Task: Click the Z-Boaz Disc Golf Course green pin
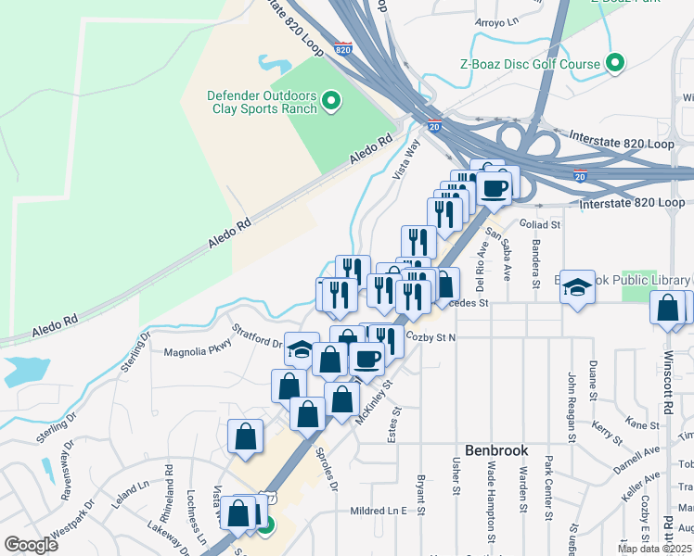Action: pyautogui.click(x=614, y=64)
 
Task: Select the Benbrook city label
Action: pyautogui.click(x=495, y=450)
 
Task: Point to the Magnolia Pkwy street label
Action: pyautogui.click(x=197, y=352)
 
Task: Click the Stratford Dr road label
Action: pyautogui.click(x=257, y=335)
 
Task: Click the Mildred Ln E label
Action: pyautogui.click(x=379, y=511)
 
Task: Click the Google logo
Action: pyautogui.click(x=31, y=545)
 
